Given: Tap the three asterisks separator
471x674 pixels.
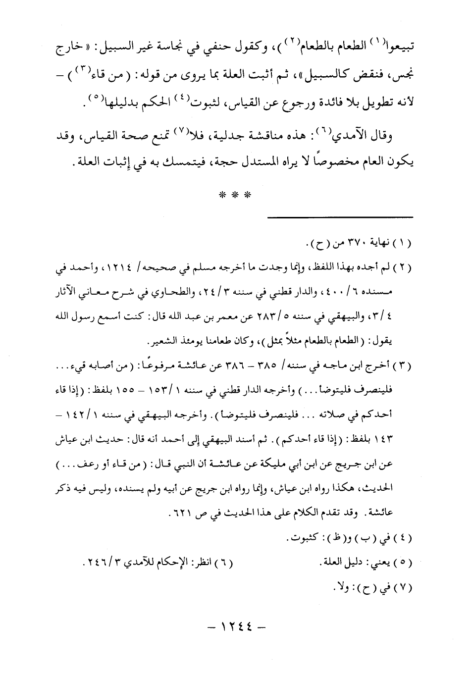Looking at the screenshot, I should [235, 195].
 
